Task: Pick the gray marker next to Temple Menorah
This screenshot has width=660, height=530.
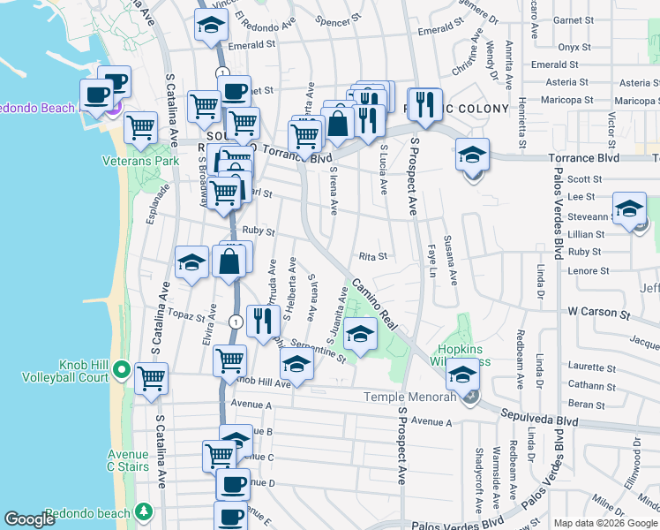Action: point(469,398)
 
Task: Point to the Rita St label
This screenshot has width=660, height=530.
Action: point(373,257)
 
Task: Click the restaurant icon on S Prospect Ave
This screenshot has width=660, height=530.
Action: point(425,104)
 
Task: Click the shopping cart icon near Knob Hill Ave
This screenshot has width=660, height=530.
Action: point(229,360)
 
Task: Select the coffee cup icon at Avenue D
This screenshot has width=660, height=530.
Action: point(233,484)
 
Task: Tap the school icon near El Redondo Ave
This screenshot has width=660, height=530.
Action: point(210,28)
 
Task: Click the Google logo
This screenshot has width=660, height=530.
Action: point(29,519)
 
